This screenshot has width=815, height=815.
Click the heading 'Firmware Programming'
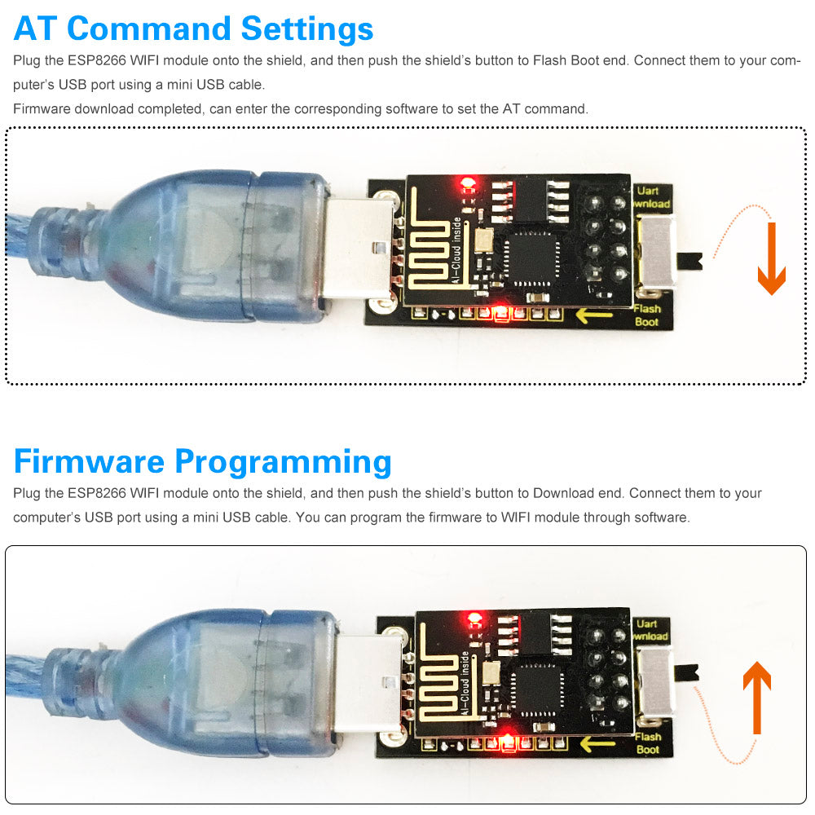tap(202, 461)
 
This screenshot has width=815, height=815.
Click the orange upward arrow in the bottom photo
tap(757, 698)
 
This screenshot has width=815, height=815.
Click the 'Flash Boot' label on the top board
tap(648, 315)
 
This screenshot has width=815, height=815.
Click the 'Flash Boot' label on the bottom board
tap(648, 742)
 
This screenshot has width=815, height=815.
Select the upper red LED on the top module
tap(467, 181)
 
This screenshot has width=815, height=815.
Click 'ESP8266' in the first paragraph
tap(95, 61)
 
